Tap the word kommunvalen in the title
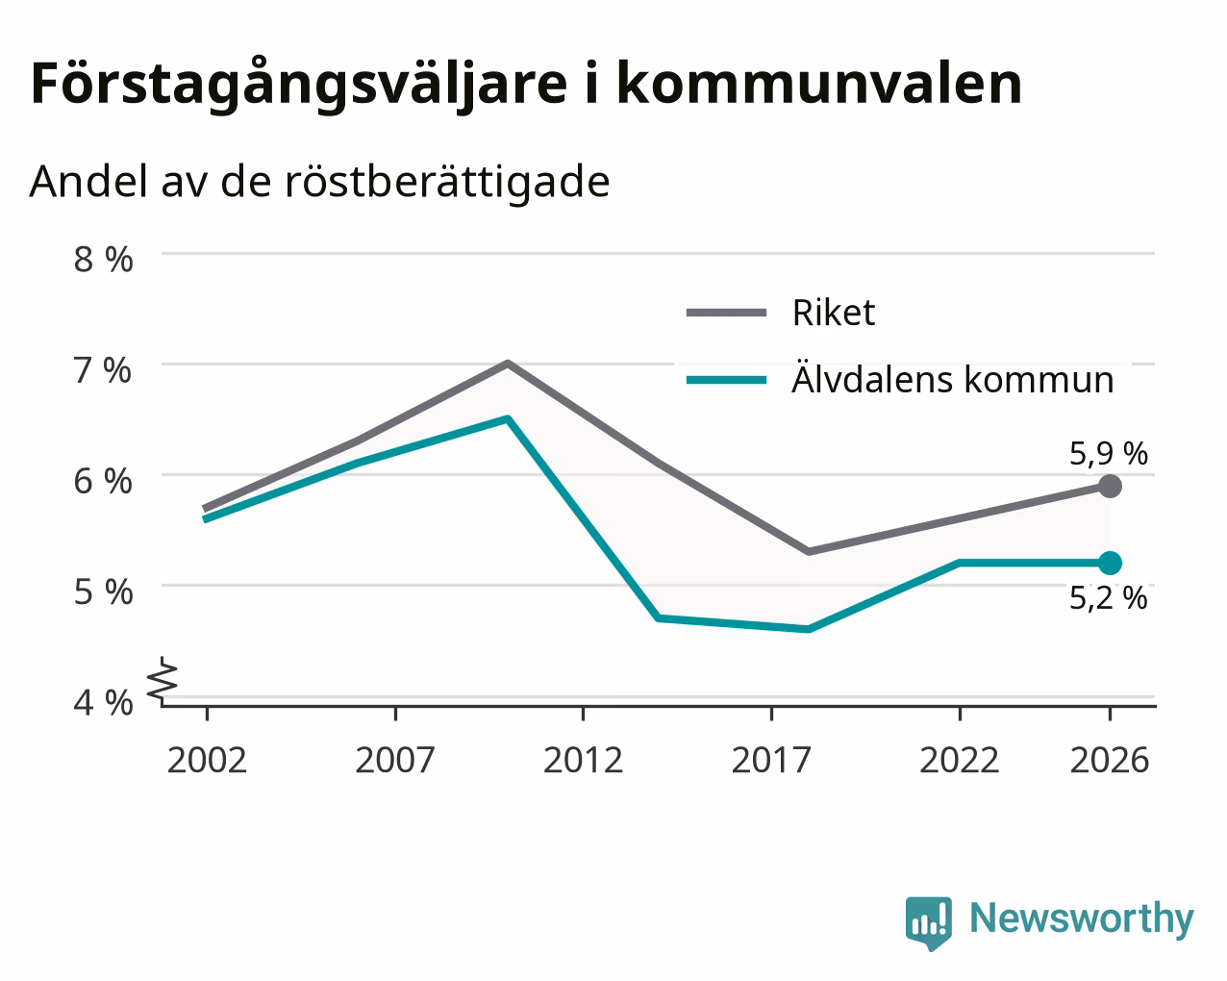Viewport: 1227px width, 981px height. pyautogui.click(x=819, y=84)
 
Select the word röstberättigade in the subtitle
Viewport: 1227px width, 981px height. pyautogui.click(x=447, y=182)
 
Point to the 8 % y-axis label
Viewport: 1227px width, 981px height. pyautogui.click(x=103, y=260)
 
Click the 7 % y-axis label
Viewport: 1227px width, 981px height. pyautogui.click(x=103, y=370)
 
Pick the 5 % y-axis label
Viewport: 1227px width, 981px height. pyautogui.click(x=103, y=592)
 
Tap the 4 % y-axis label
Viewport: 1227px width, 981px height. pyautogui.click(x=103, y=702)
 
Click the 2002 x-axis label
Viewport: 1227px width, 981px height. pyautogui.click(x=207, y=760)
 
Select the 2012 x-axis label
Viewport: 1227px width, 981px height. pyautogui.click(x=583, y=760)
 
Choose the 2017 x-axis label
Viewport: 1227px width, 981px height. pyautogui.click(x=771, y=760)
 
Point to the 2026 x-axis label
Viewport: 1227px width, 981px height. pyautogui.click(x=1110, y=760)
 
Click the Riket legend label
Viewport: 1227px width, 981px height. pyautogui.click(x=834, y=313)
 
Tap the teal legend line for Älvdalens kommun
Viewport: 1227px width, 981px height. pyautogui.click(x=726, y=380)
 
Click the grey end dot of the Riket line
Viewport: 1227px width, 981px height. pyautogui.click(x=1110, y=486)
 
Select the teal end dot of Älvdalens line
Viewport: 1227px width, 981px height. pyautogui.click(x=1110, y=563)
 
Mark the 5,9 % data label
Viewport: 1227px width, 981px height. pyautogui.click(x=1109, y=454)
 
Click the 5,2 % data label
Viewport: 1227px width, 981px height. pyautogui.click(x=1109, y=598)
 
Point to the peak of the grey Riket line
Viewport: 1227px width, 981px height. pyautogui.click(x=508, y=363)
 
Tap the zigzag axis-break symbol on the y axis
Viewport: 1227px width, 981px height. pyautogui.click(x=163, y=679)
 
